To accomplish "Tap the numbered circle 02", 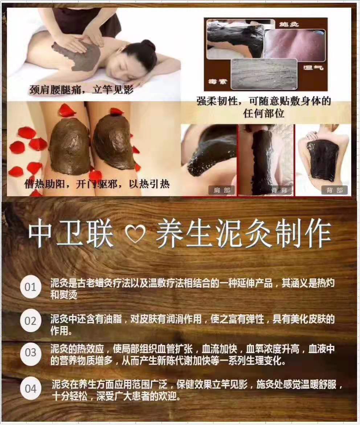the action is tap(30, 321).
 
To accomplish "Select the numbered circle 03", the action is tap(30, 353).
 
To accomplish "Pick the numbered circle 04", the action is tap(30, 388).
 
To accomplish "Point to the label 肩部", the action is tap(222, 190).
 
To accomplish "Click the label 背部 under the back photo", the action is tap(334, 190).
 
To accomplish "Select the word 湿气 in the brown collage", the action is tap(313, 67).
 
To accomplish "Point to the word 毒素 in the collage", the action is tap(217, 81).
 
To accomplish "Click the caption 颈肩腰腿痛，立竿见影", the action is tap(81, 90).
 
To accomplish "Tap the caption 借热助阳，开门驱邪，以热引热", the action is tap(97, 184).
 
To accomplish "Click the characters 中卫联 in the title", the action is tap(71, 234).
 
